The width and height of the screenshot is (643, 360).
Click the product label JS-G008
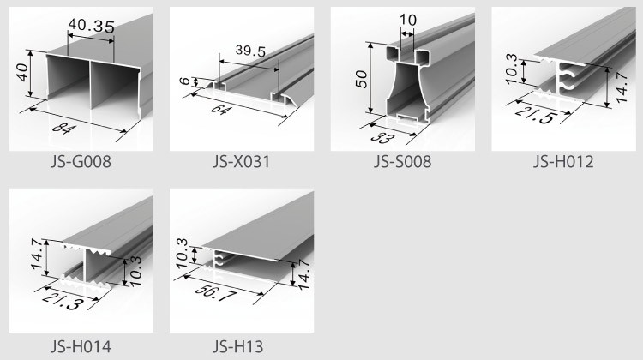[x=81, y=161]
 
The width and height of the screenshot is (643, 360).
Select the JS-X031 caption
[x=242, y=161]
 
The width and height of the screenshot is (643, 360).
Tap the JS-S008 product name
[x=402, y=161]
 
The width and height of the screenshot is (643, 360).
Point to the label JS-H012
[x=563, y=161]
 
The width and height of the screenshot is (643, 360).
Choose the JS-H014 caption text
[x=81, y=346]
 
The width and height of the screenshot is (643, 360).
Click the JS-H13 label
[x=237, y=346]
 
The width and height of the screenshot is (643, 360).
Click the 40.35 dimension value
[x=92, y=27]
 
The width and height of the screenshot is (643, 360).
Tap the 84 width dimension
[x=64, y=129]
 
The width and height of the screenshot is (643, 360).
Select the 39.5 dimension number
[x=250, y=51]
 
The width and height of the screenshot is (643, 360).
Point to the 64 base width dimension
[x=221, y=110]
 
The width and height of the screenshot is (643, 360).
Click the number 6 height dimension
[x=186, y=81]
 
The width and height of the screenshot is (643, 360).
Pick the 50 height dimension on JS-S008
[x=361, y=79]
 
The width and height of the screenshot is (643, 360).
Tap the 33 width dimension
[x=382, y=137]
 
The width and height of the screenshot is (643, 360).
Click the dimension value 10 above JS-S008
[x=407, y=20]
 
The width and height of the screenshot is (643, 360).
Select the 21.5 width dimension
[x=536, y=114]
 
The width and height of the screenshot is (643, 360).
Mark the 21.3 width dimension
[x=63, y=302]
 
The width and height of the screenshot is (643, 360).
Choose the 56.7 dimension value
[x=216, y=292]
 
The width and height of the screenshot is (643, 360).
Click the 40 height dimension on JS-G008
[x=23, y=72]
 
